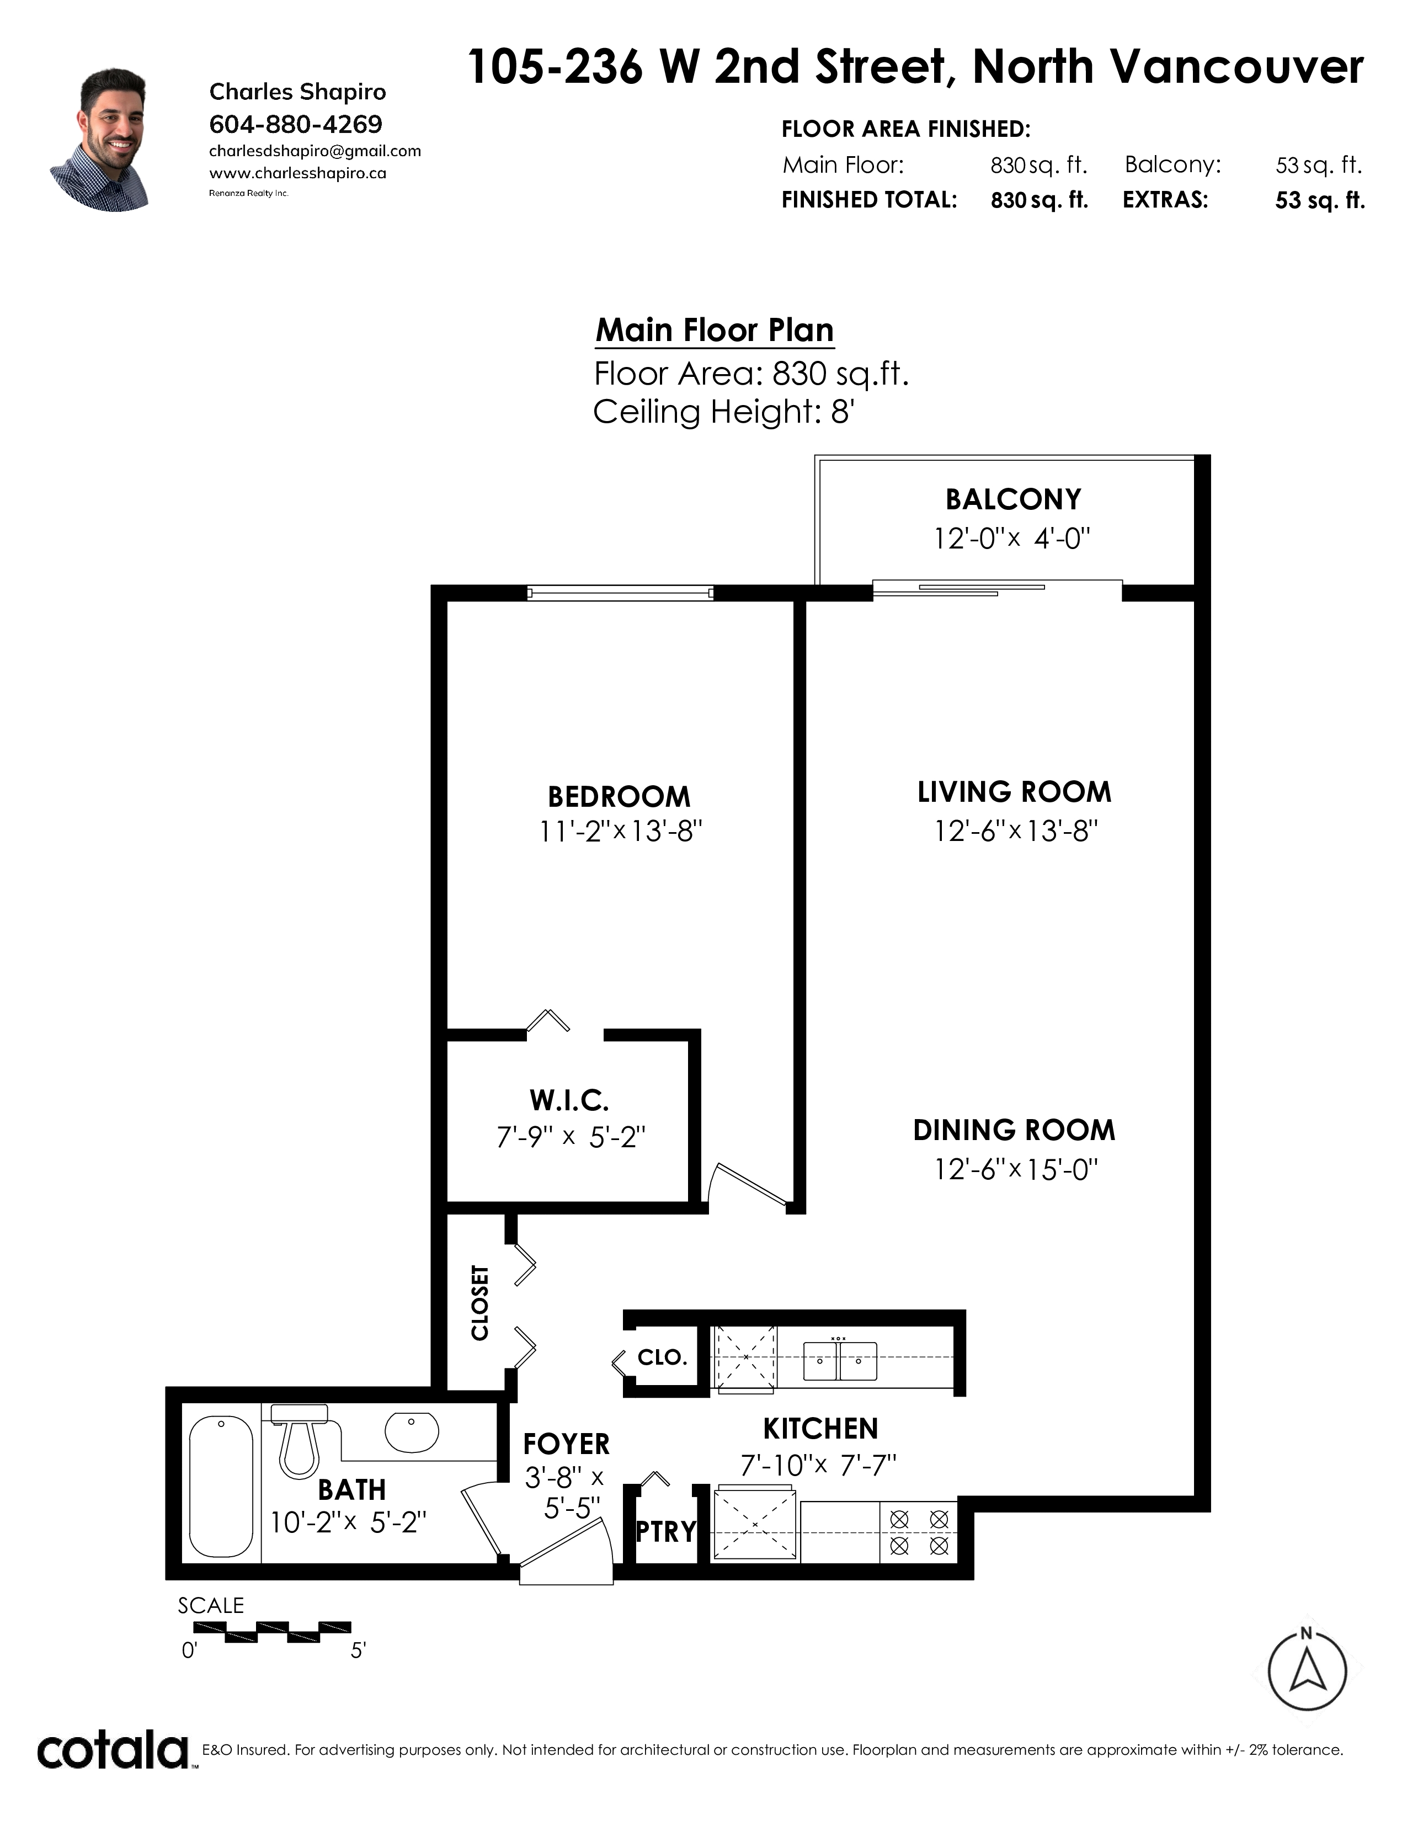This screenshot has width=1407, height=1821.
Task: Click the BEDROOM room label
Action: pyautogui.click(x=619, y=797)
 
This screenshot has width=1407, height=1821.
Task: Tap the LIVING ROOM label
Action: pyautogui.click(x=1014, y=792)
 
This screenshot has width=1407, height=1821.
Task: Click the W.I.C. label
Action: pyautogui.click(x=569, y=1101)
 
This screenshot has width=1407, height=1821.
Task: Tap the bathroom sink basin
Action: pyautogui.click(x=412, y=1433)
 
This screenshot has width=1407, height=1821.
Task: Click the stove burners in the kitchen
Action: pyautogui.click(x=919, y=1532)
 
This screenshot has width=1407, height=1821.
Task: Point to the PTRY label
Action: pyautogui.click(x=666, y=1532)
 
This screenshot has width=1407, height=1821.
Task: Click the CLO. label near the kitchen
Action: pyautogui.click(x=663, y=1357)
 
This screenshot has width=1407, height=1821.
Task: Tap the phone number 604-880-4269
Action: pyautogui.click(x=296, y=124)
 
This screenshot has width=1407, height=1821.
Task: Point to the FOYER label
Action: pyautogui.click(x=567, y=1444)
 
